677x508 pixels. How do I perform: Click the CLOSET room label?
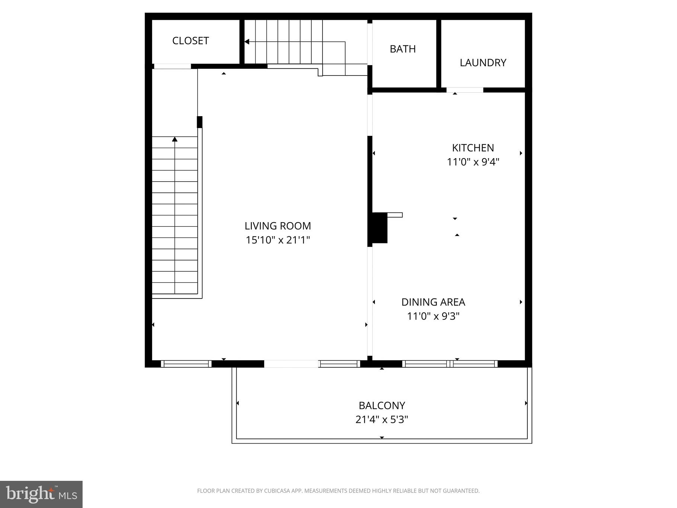tap(190, 41)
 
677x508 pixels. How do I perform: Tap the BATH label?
tap(402, 49)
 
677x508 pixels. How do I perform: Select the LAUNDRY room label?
tap(483, 63)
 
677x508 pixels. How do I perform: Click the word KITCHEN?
tap(473, 148)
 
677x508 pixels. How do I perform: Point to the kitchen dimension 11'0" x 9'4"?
tap(473, 162)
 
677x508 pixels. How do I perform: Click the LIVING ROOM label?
tap(277, 226)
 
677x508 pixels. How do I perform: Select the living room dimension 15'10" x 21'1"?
tap(277, 240)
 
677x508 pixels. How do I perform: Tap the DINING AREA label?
tap(433, 302)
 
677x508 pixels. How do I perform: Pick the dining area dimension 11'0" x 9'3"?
tap(433, 316)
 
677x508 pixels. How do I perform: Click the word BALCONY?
tap(382, 405)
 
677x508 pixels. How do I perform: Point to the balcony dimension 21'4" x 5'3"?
tap(382, 419)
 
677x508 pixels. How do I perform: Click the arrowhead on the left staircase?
tap(175, 140)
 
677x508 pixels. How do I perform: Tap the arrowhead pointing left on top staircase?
tap(247, 42)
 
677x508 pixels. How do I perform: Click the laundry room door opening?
tap(465, 90)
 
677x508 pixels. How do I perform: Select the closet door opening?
tap(172, 67)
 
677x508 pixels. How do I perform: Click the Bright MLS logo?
tap(41, 494)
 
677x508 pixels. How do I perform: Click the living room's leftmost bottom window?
tap(186, 364)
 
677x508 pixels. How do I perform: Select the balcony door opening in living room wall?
tap(291, 364)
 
